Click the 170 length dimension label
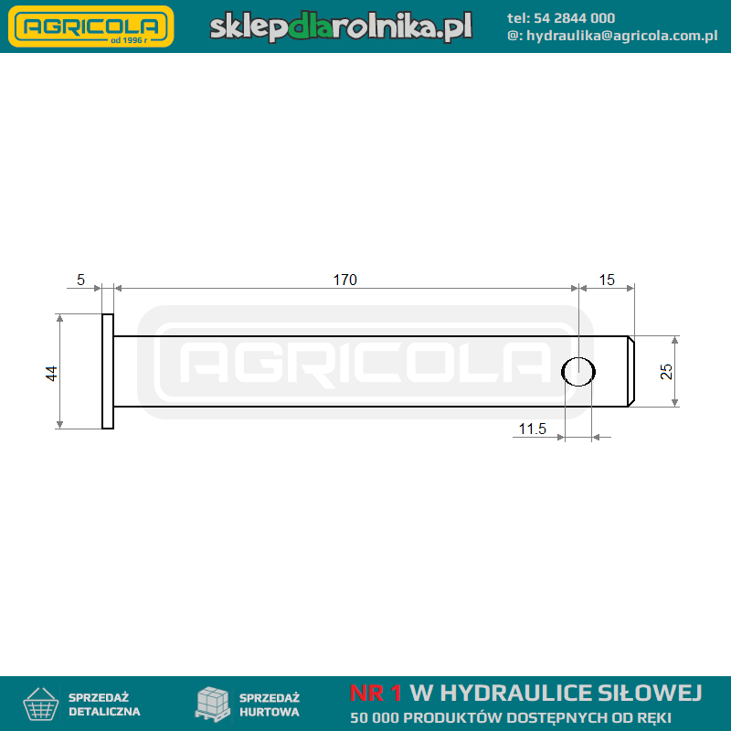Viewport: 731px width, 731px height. [x=345, y=280]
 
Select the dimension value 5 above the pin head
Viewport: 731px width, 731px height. [x=80, y=280]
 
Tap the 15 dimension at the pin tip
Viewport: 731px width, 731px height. [x=607, y=280]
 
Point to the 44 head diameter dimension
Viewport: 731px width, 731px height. [x=51, y=374]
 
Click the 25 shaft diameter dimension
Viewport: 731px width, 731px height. [x=666, y=372]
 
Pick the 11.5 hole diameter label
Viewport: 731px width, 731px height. [x=533, y=429]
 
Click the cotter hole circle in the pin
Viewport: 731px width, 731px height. [x=578, y=357]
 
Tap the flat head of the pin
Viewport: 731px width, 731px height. [x=108, y=371]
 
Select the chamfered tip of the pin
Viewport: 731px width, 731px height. [x=630, y=371]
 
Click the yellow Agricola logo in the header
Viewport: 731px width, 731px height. [x=91, y=26]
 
